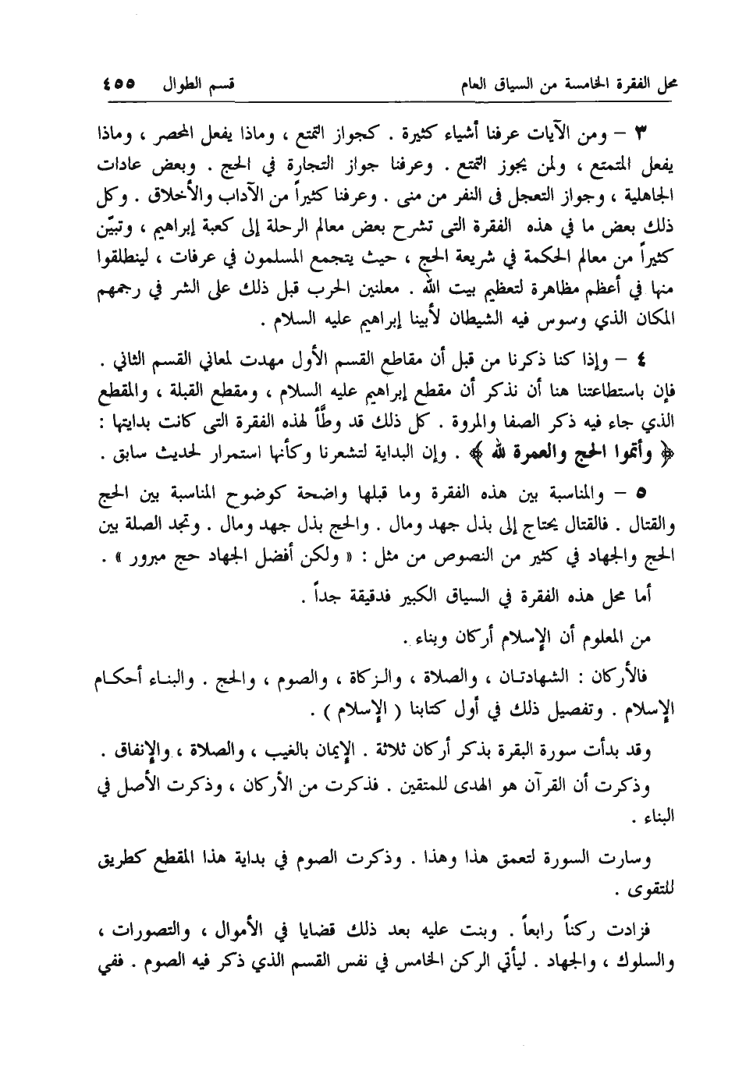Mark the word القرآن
563,783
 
